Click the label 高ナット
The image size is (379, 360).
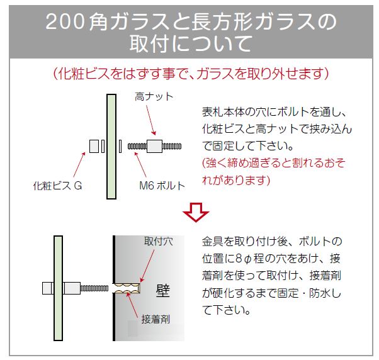[154, 97]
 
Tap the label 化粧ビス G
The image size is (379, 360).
[57, 186]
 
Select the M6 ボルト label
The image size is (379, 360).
[162, 186]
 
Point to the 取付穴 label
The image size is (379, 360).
[158, 241]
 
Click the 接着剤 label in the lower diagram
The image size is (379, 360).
[156, 319]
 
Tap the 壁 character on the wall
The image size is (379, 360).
[163, 291]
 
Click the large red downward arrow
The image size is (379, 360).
[196, 212]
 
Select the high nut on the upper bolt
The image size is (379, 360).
[154, 146]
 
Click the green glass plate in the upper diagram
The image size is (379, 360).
[111, 147]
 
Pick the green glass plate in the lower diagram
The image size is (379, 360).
[59, 288]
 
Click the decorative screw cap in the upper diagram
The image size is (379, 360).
[94, 147]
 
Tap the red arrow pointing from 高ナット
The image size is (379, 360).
[151, 120]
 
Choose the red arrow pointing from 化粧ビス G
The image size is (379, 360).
[79, 165]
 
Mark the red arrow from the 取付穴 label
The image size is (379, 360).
[147, 266]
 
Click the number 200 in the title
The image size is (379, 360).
[65, 22]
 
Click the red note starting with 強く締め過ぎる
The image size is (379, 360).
[274, 171]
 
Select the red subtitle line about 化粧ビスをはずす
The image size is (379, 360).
[191, 74]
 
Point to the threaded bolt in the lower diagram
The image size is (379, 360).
[94, 288]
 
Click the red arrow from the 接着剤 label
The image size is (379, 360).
[132, 304]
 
